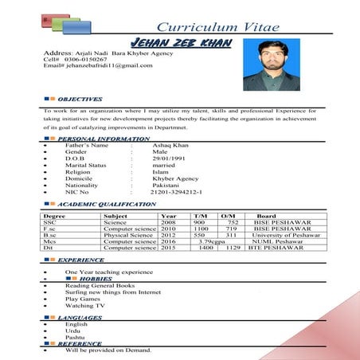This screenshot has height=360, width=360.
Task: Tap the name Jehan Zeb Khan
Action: (182, 41)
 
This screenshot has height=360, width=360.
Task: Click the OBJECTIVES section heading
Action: (80, 99)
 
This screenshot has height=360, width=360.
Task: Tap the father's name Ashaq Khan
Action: (171, 146)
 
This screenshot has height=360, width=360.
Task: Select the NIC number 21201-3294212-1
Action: (176, 192)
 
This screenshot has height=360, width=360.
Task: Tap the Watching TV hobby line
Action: (84, 306)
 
